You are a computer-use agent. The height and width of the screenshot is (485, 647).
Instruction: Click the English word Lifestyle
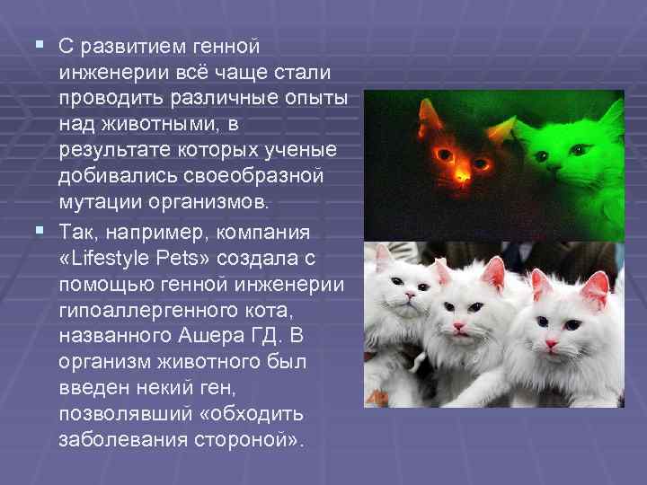117,259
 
